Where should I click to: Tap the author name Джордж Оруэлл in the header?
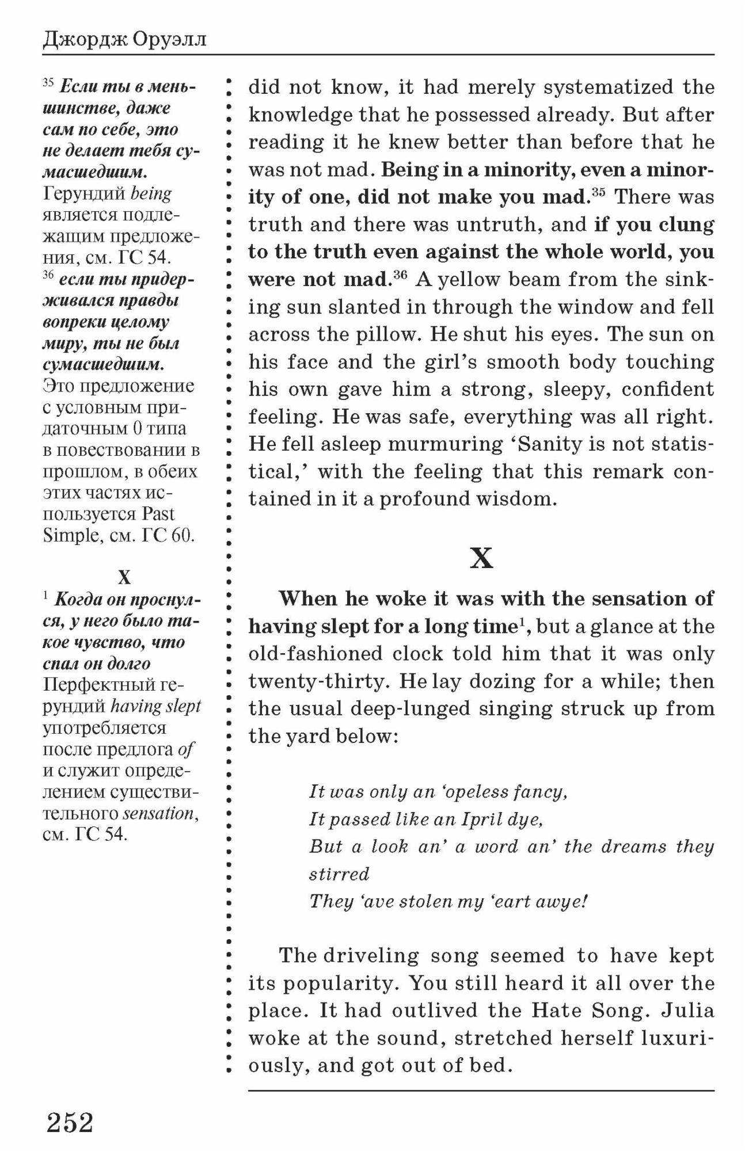[x=124, y=40]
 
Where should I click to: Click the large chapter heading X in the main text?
[x=481, y=558]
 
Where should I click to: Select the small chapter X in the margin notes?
[x=124, y=577]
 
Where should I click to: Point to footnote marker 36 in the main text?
[x=400, y=275]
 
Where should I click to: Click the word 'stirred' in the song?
[x=339, y=874]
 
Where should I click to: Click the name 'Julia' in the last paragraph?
[x=688, y=1011]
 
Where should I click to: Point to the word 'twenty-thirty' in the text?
[x=320, y=681]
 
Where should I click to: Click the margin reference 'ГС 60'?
[x=168, y=535]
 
